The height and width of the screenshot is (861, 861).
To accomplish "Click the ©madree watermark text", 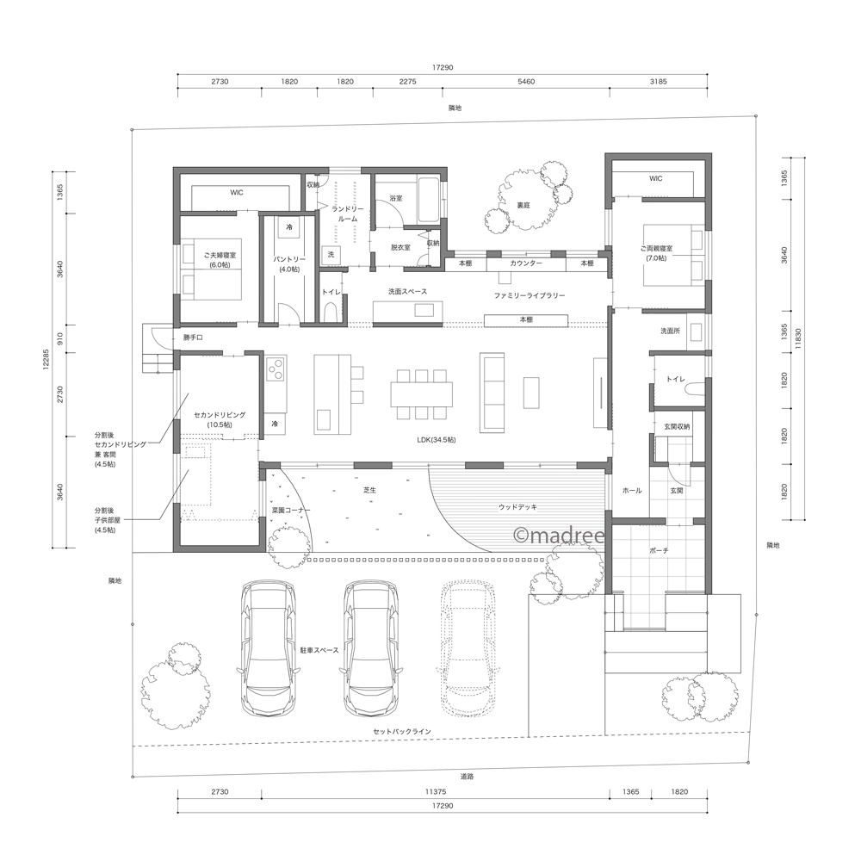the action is pyautogui.click(x=559, y=536).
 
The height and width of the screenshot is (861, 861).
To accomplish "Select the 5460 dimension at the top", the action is pyautogui.click(x=526, y=81).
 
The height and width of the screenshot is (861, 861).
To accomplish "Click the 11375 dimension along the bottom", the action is pyautogui.click(x=436, y=791).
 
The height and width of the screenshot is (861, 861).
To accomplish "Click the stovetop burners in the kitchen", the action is pyautogui.click(x=276, y=369).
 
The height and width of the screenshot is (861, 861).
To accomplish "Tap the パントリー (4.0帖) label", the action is pyautogui.click(x=289, y=264).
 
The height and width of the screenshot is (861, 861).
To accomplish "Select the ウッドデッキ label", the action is pyautogui.click(x=517, y=507).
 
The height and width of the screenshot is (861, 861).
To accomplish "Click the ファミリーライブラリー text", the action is pyautogui.click(x=529, y=295).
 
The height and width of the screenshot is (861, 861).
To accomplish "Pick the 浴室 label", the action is pyautogui.click(x=396, y=198).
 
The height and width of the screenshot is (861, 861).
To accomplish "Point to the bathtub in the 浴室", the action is pyautogui.click(x=428, y=201).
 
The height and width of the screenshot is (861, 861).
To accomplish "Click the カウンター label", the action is pyautogui.click(x=526, y=263).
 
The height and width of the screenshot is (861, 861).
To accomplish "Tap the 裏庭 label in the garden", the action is pyautogui.click(x=523, y=206).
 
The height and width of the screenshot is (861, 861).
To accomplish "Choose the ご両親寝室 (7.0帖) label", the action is pyautogui.click(x=656, y=253).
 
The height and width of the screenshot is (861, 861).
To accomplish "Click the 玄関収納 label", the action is pyautogui.click(x=677, y=427).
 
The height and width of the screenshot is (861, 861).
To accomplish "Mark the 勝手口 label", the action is pyautogui.click(x=193, y=338).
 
